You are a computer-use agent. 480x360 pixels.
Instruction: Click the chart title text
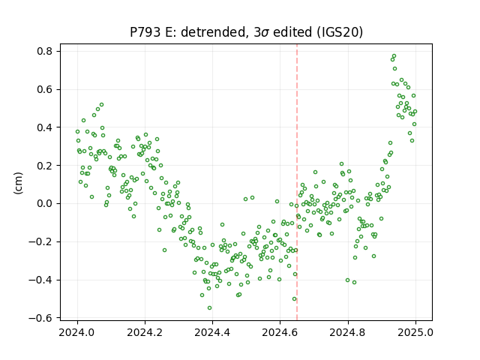pos(246,32)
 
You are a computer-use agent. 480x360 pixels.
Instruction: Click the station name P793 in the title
pos(145,32)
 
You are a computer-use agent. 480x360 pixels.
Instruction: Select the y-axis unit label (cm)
pos(18,183)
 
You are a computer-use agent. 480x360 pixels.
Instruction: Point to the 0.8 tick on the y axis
pos(45,51)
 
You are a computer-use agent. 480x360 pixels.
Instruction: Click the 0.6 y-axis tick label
pos(45,89)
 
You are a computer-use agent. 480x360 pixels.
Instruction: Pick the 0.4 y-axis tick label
pos(45,127)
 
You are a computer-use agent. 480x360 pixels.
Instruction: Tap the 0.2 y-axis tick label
pos(45,166)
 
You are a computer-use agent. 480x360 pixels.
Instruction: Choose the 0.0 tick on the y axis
pos(45,203)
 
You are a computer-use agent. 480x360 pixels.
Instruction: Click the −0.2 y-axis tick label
pos(40,241)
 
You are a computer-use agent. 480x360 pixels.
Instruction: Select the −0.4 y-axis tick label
pos(40,280)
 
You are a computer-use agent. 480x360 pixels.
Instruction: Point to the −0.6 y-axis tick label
pos(40,318)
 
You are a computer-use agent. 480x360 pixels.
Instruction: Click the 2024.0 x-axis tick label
pos(77,332)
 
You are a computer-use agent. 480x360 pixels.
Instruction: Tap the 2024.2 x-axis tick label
pos(145,332)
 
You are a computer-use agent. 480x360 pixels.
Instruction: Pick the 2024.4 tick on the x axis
pos(212,332)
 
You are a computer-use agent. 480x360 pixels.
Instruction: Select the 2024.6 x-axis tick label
pos(280,332)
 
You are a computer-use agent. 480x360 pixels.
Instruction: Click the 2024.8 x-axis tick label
pos(348,332)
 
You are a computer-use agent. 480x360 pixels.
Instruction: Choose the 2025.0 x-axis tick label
pos(415,332)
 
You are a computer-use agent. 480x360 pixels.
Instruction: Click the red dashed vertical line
pos(297,182)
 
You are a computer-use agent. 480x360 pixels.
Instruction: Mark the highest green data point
pos(394,56)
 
